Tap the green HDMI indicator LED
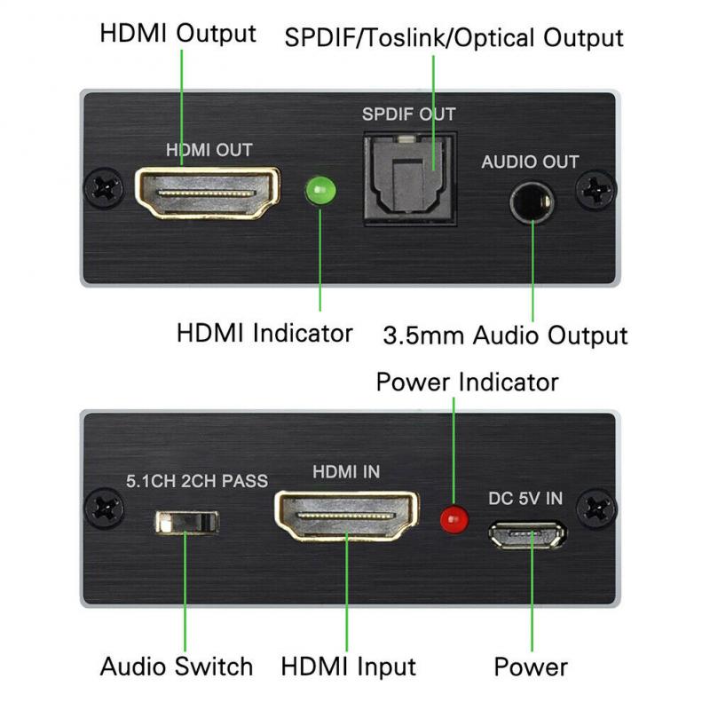pyautogui.click(x=319, y=191)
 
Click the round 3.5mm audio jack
pyautogui.click(x=531, y=201)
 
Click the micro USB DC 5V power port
pyautogui.click(x=528, y=535)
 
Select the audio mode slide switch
pyautogui.click(x=186, y=521)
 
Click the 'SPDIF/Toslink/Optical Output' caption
pyautogui.click(x=454, y=38)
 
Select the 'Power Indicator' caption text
pyautogui.click(x=467, y=383)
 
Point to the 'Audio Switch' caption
pyautogui.click(x=177, y=667)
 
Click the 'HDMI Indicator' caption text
pyautogui.click(x=264, y=334)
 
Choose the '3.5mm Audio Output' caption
pyautogui.click(x=505, y=335)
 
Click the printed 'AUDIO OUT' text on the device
pyautogui.click(x=529, y=162)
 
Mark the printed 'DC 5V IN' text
pyautogui.click(x=525, y=498)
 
